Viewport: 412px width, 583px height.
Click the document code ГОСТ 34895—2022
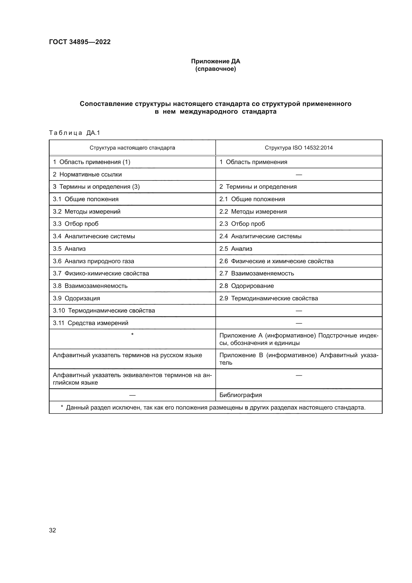point(80,42)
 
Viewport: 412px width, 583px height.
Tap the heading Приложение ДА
point(215,61)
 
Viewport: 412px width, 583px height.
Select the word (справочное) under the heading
point(215,69)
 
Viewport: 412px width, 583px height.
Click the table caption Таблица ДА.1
point(74,133)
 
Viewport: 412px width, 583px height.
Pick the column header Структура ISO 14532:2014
point(299,148)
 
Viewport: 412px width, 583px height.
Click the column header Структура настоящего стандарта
point(132,148)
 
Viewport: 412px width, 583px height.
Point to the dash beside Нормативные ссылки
point(299,175)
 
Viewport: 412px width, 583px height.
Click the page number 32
point(53,530)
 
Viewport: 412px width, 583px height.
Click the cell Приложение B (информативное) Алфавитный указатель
point(299,359)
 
